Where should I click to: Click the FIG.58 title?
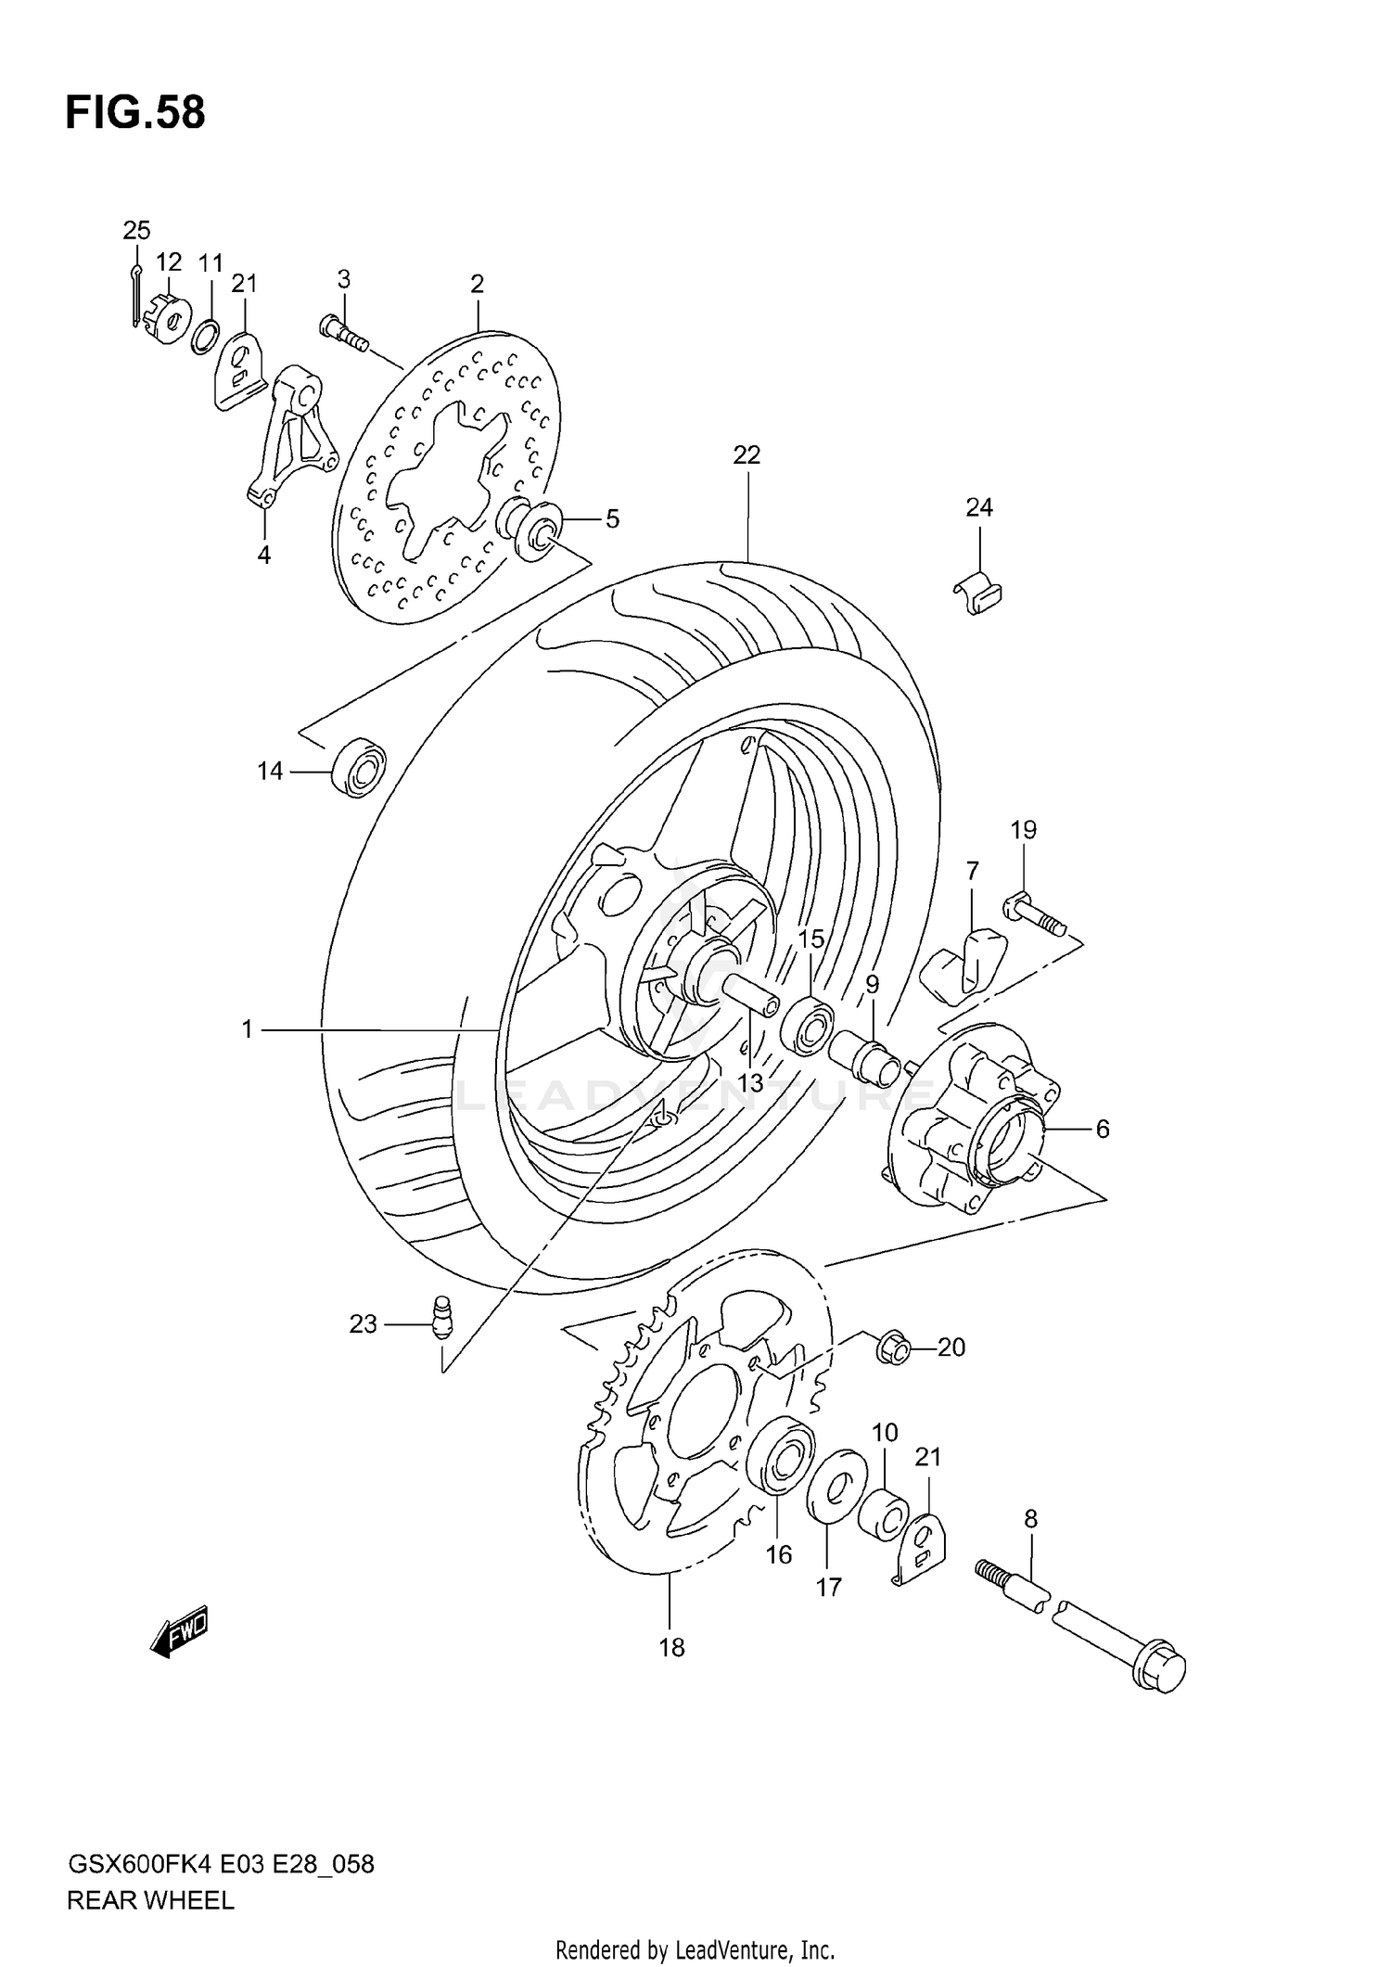pyautogui.click(x=135, y=113)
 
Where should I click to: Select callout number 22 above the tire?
pyautogui.click(x=746, y=455)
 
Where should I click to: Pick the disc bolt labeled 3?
pyautogui.click(x=344, y=333)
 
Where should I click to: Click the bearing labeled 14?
pyautogui.click(x=358, y=768)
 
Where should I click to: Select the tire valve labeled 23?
pyautogui.click(x=441, y=1316)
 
